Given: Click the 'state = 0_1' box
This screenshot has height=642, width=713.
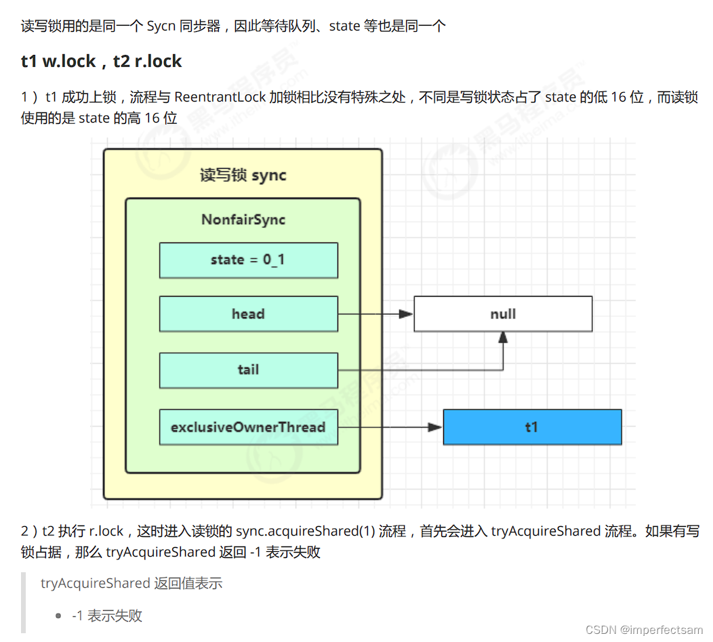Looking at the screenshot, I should click(x=248, y=260).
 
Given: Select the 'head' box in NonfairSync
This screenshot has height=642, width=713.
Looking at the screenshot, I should click(x=248, y=314).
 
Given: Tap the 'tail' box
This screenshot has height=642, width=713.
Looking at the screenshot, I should click(x=248, y=370).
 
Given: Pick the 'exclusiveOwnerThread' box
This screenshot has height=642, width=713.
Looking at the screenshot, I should click(x=248, y=427).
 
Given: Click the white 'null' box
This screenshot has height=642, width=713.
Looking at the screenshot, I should click(x=503, y=314).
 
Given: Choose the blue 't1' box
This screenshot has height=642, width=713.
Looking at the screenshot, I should click(x=532, y=427).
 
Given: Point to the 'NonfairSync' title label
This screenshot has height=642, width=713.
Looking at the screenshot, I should click(x=243, y=219).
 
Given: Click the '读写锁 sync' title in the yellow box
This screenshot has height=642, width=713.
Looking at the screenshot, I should click(x=243, y=175).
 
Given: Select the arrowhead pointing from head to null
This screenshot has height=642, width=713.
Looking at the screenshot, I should click(x=406, y=314).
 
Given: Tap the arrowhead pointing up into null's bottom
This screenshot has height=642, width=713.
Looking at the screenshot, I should click(x=503, y=337).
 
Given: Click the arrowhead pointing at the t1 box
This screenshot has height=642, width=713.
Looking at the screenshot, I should click(x=435, y=427).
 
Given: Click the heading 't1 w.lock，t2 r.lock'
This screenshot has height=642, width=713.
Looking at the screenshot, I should click(x=102, y=62).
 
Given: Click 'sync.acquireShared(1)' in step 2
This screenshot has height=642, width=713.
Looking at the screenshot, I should click(x=306, y=531).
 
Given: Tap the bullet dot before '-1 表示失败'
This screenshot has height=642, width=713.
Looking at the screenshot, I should click(x=59, y=616).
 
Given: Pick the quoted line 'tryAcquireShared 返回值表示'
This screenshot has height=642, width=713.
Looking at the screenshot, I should click(x=131, y=583).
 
